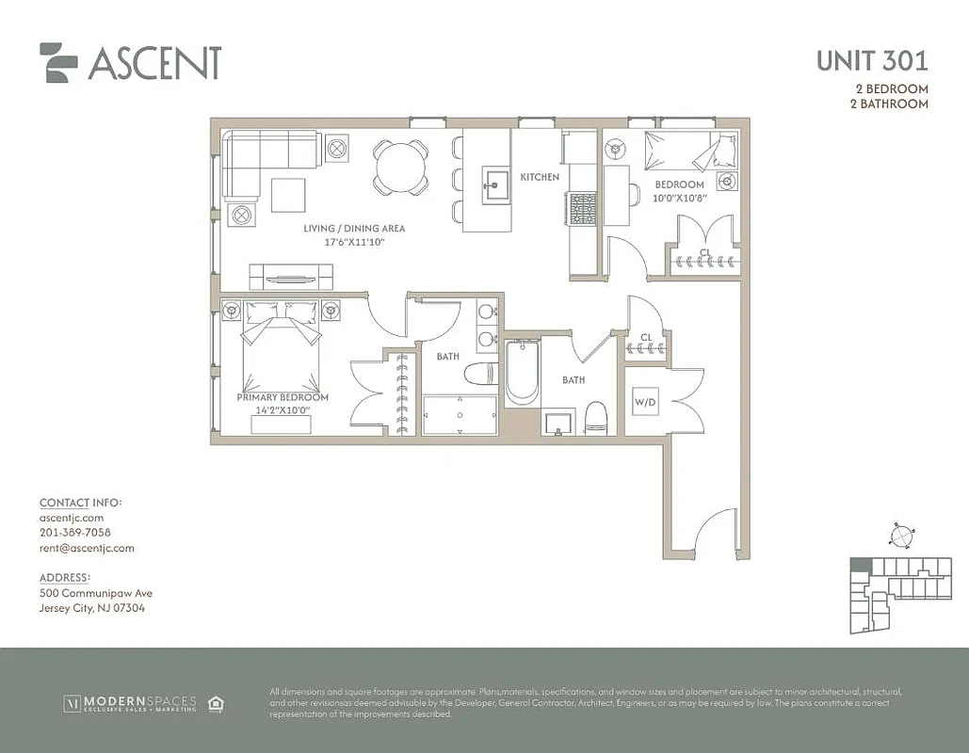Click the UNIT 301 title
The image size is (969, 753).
click(x=871, y=61)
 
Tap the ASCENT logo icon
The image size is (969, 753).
click(x=57, y=62)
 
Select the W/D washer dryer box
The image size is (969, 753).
click(x=645, y=402)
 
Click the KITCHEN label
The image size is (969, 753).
click(x=540, y=177)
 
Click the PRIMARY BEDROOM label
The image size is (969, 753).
click(x=283, y=397)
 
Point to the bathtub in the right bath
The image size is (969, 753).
click(x=522, y=374)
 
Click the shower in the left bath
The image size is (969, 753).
click(x=459, y=415)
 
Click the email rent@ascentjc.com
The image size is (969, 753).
click(x=87, y=548)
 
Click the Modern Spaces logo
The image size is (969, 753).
click(x=130, y=702)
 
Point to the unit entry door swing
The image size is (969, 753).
click(x=713, y=534)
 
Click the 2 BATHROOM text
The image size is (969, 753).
click(x=888, y=104)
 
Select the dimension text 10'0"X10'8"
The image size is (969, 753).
click(x=679, y=198)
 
